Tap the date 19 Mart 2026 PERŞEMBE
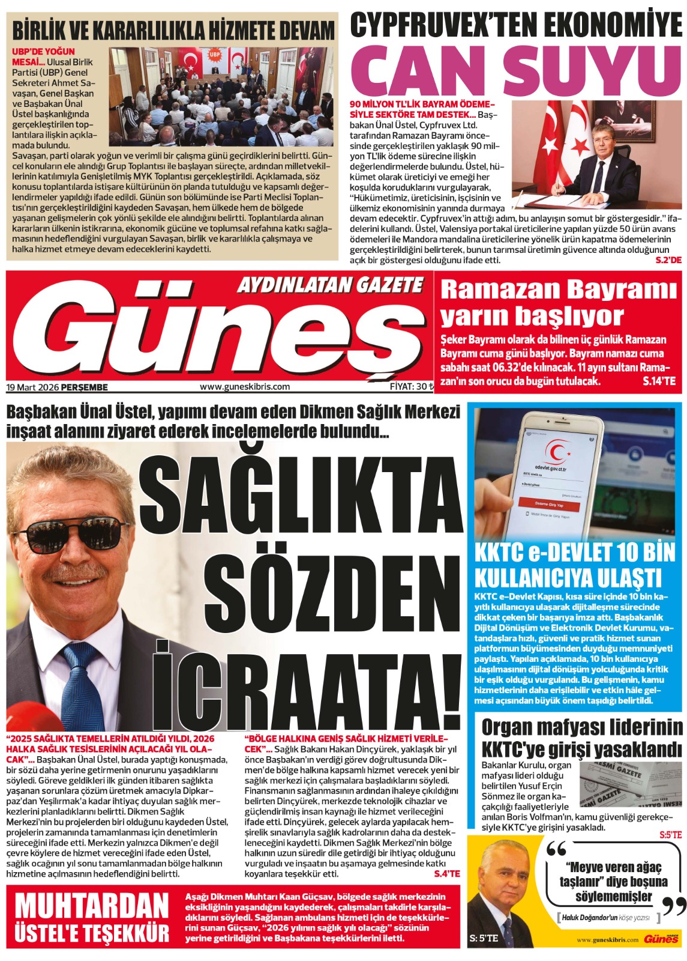click(58, 387)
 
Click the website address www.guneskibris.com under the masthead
click(244, 387)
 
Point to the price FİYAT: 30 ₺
click(411, 387)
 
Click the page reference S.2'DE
click(668, 260)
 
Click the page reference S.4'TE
click(446, 874)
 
